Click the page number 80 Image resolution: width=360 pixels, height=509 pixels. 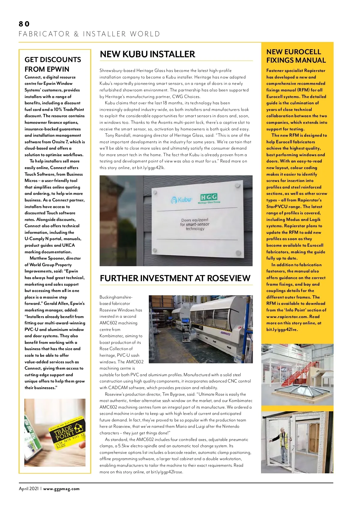(x=24, y=24)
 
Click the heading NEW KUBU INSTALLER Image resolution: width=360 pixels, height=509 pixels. (x=147, y=54)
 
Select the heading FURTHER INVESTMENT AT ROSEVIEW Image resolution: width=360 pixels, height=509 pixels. (x=175, y=278)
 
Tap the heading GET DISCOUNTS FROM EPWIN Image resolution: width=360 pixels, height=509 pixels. (x=53, y=64)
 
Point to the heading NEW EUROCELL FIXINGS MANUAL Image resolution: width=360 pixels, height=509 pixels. (x=296, y=56)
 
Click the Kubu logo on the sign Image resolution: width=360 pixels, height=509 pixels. (x=181, y=199)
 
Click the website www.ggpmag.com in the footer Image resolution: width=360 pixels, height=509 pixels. (x=61, y=489)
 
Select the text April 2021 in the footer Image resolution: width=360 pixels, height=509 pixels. (x=28, y=489)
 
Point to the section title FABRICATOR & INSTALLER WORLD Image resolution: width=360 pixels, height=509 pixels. (x=89, y=34)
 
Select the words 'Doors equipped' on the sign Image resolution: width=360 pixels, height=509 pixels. (x=195, y=220)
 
